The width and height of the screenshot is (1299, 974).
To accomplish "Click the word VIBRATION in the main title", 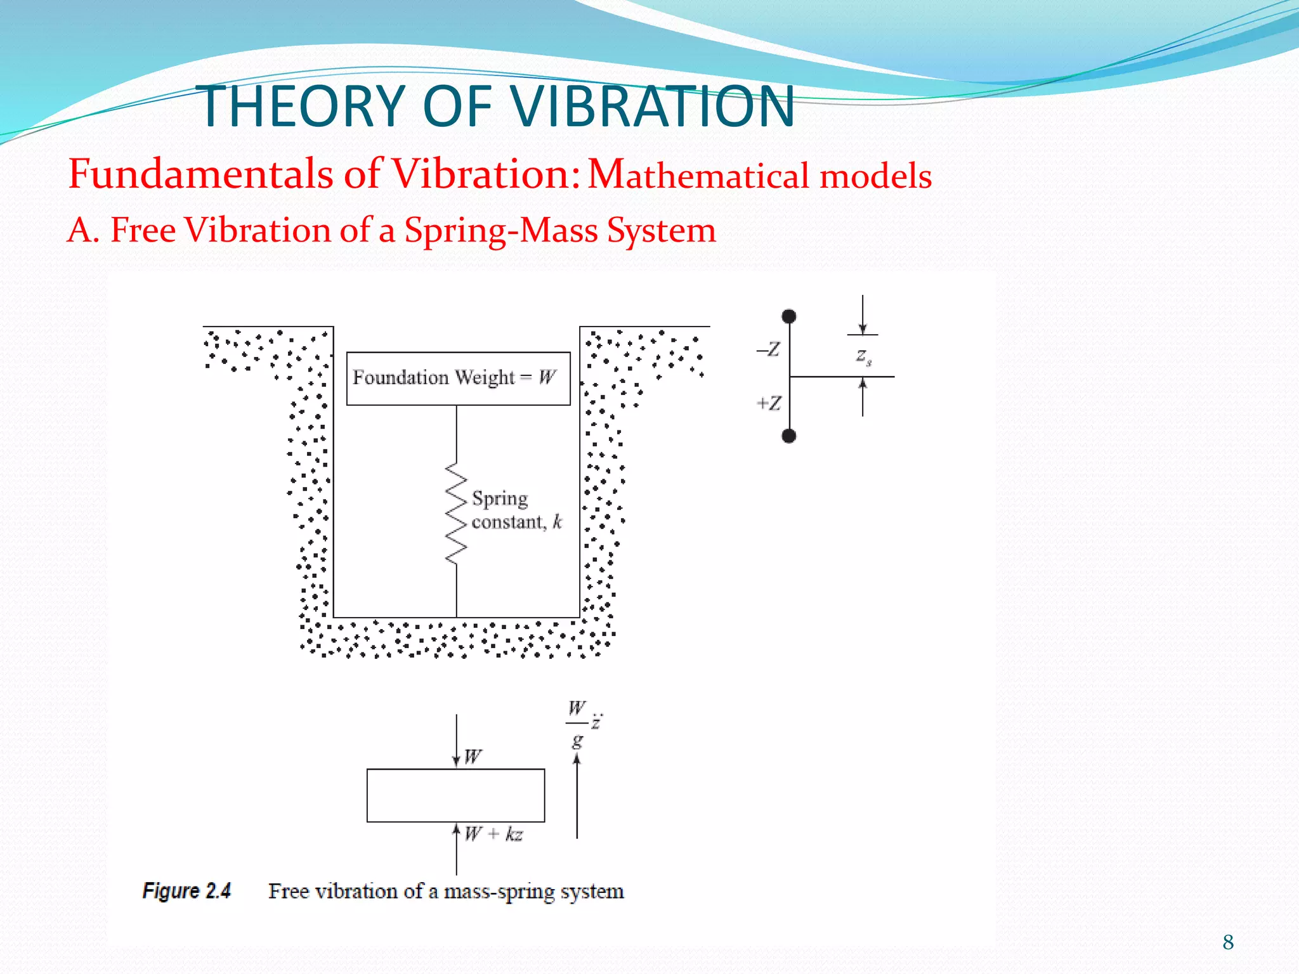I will click(653, 107).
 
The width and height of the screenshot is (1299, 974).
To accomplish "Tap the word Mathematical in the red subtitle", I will click(698, 175).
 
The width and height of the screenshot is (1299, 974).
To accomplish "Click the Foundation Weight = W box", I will click(458, 379).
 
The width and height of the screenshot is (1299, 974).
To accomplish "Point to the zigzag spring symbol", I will click(456, 514).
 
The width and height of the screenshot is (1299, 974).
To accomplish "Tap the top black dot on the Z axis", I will click(789, 316).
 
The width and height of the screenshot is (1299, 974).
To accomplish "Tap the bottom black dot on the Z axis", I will click(789, 436).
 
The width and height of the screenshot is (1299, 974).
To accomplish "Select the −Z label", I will click(769, 349).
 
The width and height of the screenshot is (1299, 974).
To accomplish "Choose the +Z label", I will click(769, 403).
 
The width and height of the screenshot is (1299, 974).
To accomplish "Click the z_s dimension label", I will click(863, 356).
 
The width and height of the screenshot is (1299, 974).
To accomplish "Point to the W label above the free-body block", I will click(473, 756).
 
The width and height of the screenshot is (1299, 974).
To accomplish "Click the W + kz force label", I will click(493, 834).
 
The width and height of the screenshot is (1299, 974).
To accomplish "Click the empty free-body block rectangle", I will click(455, 795).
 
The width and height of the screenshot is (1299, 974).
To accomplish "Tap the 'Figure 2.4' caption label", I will click(186, 891).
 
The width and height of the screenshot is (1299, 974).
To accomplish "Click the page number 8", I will click(1228, 942).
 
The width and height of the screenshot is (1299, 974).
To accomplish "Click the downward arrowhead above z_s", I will click(863, 328).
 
